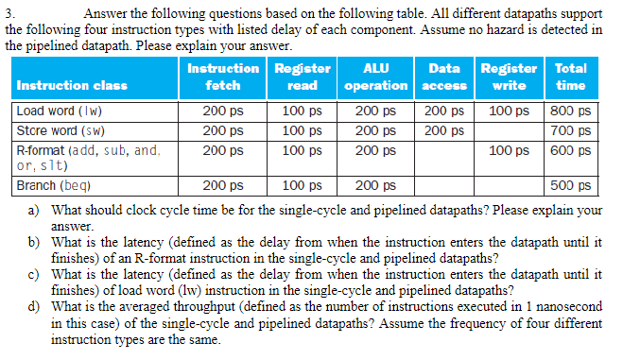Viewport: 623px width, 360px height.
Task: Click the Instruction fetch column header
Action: [222, 77]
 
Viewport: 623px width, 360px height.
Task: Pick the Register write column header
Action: [509, 77]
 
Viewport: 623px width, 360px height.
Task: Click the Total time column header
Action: [570, 77]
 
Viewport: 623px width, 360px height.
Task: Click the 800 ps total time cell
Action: [571, 111]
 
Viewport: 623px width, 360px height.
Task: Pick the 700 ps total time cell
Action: [571, 129]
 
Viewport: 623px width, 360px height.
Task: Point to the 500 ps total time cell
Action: [571, 186]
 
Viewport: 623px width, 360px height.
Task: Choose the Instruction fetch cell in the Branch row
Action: [222, 186]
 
